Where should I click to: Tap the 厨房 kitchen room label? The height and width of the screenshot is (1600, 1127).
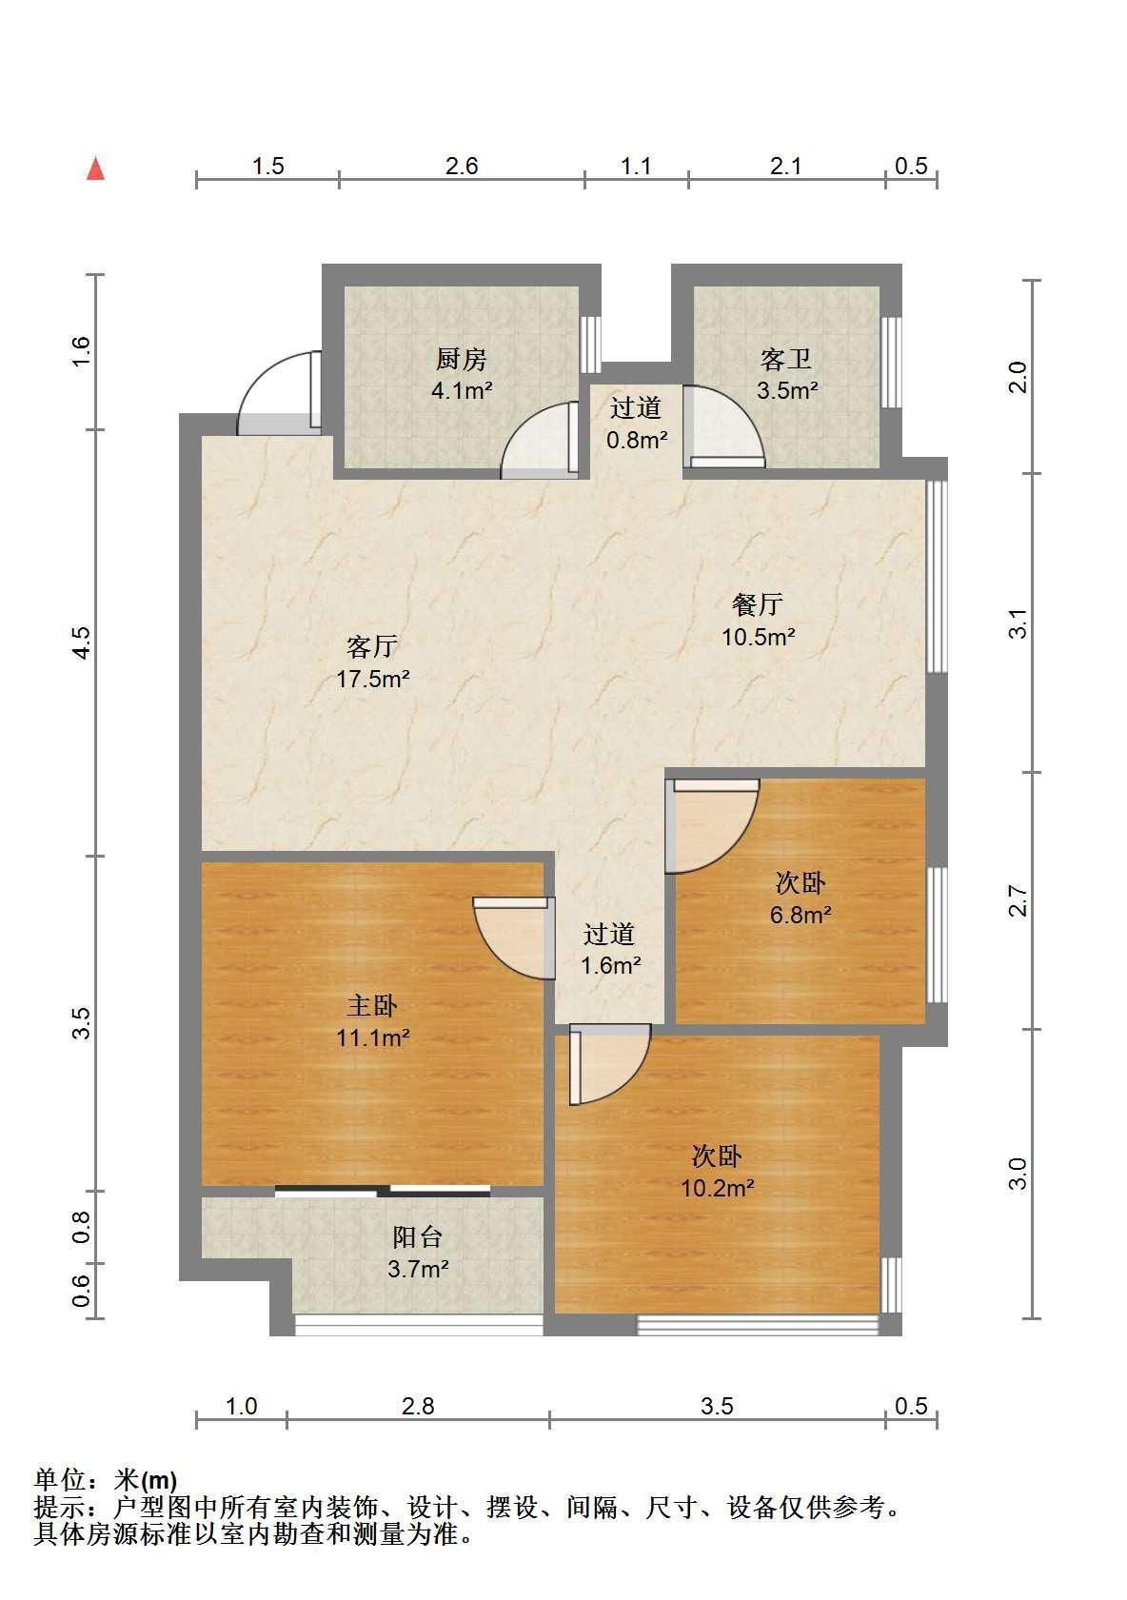click(462, 359)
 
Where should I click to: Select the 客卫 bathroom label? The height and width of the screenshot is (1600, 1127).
click(785, 359)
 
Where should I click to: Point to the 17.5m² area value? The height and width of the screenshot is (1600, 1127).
click(373, 678)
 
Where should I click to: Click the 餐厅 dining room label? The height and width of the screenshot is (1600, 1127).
click(757, 604)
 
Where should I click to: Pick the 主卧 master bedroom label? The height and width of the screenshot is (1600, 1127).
click(371, 1006)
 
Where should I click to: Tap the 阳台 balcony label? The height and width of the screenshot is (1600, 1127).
click(418, 1236)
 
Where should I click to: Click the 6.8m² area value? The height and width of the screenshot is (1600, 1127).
click(800, 915)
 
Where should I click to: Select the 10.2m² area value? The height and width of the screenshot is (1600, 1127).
click(717, 1188)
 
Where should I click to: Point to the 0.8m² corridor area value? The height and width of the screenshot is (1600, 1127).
click(637, 440)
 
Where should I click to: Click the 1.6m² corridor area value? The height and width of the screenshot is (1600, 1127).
click(610, 966)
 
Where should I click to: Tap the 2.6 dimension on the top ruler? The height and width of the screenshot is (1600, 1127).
click(462, 166)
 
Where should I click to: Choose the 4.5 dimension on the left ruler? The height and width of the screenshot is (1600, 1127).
click(82, 642)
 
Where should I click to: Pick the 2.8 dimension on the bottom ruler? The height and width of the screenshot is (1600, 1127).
click(418, 1406)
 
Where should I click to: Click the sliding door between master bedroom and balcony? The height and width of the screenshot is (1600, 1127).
click(383, 1191)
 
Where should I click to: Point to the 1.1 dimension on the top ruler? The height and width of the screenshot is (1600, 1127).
click(636, 166)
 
